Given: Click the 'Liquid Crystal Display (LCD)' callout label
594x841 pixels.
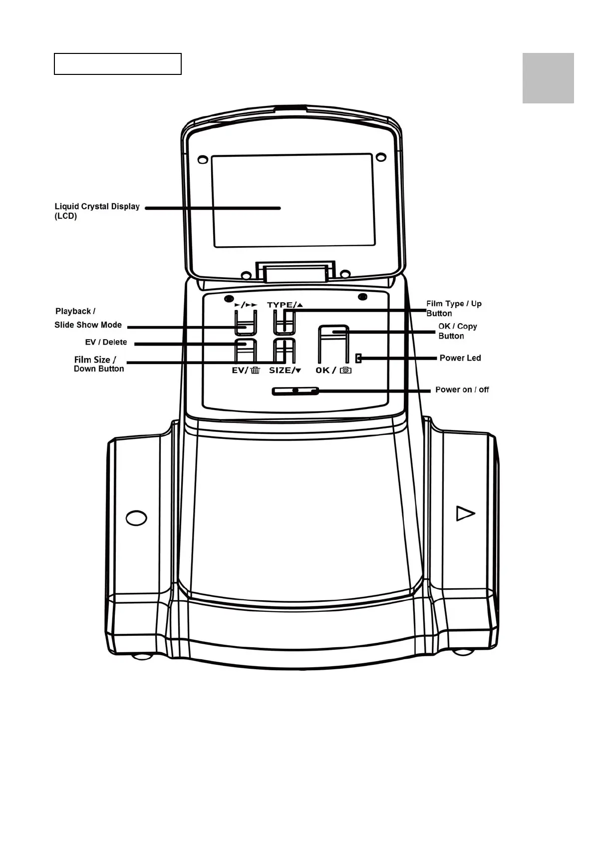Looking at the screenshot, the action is (97, 211).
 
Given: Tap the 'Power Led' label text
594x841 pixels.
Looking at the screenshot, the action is (460, 358).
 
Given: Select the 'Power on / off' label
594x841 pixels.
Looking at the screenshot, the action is (462, 390).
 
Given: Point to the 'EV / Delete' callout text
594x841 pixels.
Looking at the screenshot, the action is (106, 342).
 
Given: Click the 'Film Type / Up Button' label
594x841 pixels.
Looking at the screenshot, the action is (453, 308).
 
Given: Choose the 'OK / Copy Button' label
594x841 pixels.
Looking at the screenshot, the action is (457, 331).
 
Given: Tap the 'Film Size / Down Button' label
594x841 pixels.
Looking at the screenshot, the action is (98, 364).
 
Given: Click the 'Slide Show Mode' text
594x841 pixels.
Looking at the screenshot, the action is (88, 325).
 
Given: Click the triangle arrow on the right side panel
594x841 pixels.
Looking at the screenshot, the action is (465, 513).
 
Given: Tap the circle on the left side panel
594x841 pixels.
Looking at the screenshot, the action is (136, 517).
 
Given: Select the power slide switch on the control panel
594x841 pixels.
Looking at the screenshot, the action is (295, 391).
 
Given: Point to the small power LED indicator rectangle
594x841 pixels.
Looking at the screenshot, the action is (358, 358).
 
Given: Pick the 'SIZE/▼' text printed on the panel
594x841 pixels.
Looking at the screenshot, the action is (285, 371).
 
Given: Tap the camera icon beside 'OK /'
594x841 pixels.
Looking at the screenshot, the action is (345, 371).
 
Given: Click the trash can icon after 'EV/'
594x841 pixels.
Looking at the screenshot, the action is (255, 371).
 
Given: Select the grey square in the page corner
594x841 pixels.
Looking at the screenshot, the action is (548, 78).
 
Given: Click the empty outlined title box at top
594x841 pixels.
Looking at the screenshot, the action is (117, 64).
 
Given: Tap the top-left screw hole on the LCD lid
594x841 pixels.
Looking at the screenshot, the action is (203, 160).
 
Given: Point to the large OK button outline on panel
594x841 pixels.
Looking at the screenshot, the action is (334, 345).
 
